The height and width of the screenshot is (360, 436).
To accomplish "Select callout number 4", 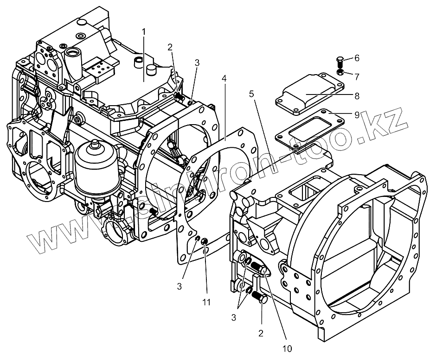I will coord(224,79).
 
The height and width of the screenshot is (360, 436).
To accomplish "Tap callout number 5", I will coord(251,94).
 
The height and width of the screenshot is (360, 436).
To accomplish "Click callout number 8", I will coord(357,96).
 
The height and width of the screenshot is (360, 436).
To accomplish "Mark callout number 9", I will coord(357,115).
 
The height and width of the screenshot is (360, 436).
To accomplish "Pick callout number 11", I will coord(206,302).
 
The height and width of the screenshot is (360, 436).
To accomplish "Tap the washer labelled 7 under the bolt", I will coord(340,72).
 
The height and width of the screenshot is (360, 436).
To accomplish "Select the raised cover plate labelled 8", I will coord(309,95).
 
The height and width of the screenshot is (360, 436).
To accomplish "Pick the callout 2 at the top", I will coord(170,47).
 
